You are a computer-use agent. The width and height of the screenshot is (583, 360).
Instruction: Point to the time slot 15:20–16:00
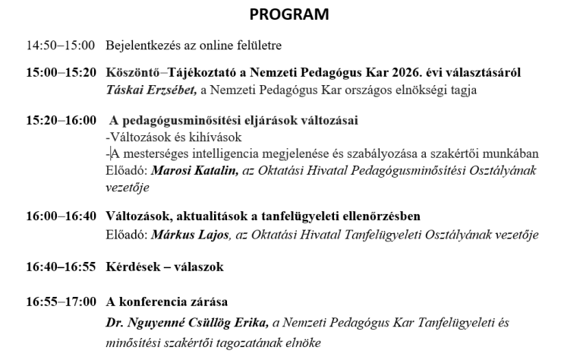(x=60, y=121)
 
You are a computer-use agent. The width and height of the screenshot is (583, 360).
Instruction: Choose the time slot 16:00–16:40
(x=60, y=216)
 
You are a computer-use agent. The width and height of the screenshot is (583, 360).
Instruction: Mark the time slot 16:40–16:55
(x=60, y=267)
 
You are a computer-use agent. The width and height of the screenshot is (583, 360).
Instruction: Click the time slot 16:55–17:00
(x=60, y=302)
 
